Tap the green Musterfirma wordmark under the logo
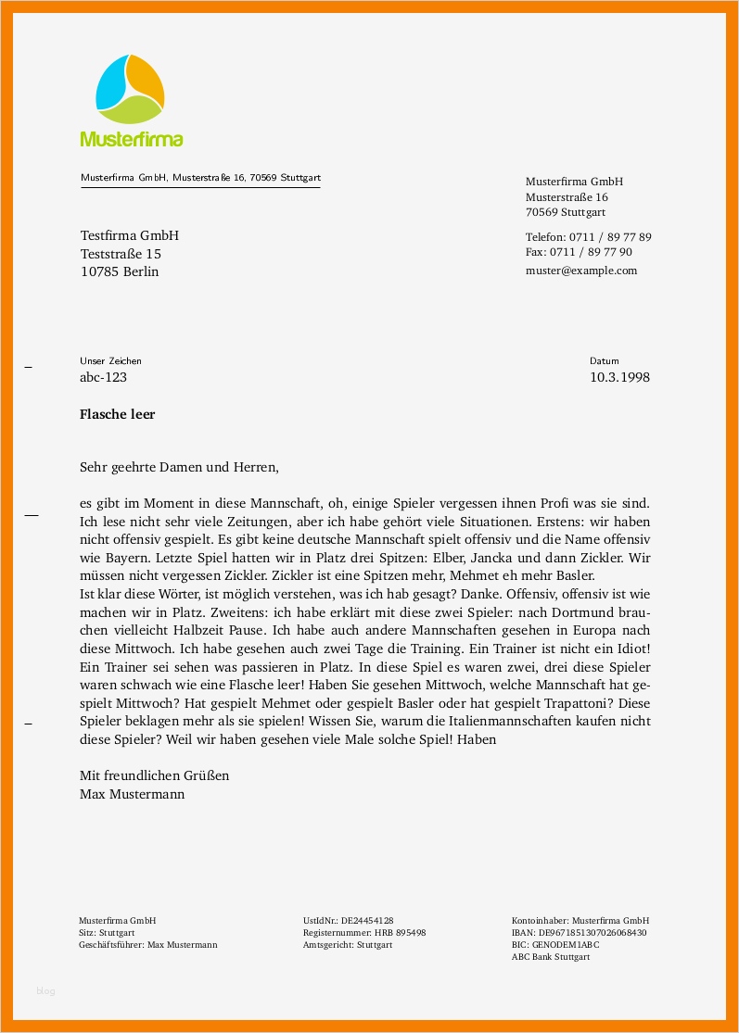click(131, 139)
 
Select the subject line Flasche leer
click(118, 414)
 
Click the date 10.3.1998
click(619, 377)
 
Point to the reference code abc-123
click(103, 377)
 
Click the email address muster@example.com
click(581, 271)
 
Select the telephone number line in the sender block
click(588, 236)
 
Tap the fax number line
click(579, 251)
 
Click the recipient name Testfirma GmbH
click(129, 235)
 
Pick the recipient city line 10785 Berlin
click(120, 271)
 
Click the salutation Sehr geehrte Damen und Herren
click(179, 468)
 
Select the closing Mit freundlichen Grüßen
click(154, 775)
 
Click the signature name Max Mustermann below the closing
click(133, 794)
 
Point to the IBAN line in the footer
click(579, 933)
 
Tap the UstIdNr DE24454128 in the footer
click(354, 921)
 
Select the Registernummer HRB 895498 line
click(364, 933)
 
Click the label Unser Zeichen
click(111, 360)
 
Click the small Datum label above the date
click(604, 360)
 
